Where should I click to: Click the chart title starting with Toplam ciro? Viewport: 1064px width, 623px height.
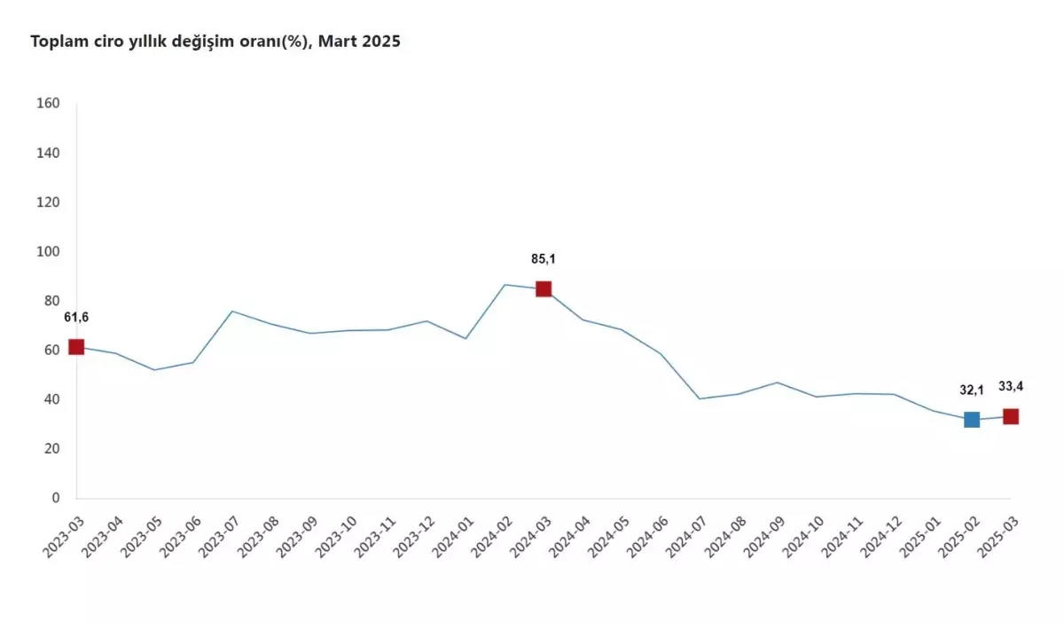(x=215, y=42)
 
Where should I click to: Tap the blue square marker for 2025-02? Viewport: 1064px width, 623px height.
(x=972, y=419)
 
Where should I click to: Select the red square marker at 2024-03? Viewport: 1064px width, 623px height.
(x=544, y=288)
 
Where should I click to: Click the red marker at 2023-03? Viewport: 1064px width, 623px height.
(x=76, y=347)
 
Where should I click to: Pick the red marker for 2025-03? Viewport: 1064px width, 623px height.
(x=1010, y=416)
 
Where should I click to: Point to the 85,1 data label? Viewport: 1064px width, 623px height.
(x=544, y=259)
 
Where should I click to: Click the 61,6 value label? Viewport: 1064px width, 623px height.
(x=76, y=318)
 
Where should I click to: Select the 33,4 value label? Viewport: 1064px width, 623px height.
(x=1010, y=385)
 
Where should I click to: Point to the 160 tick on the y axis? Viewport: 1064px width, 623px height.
(x=49, y=104)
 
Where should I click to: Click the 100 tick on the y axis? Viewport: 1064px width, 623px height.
(x=49, y=252)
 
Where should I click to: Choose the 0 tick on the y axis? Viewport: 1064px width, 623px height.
(x=55, y=499)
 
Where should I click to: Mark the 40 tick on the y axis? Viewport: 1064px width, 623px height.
(x=51, y=400)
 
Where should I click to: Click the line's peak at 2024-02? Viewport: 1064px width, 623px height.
(x=505, y=285)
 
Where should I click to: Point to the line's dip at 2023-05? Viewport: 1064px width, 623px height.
(x=154, y=370)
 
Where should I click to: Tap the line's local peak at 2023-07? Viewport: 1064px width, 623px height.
(x=231, y=311)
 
